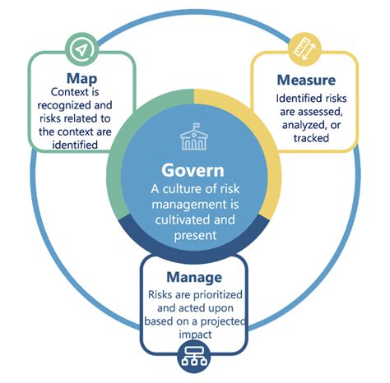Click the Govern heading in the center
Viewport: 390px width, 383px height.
pyautogui.click(x=193, y=171)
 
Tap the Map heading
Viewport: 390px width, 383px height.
pyautogui.click(x=81, y=79)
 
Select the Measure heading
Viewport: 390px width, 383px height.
pyautogui.click(x=306, y=80)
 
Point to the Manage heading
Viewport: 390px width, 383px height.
pyautogui.click(x=194, y=277)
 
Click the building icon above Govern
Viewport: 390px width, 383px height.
pyautogui.click(x=194, y=136)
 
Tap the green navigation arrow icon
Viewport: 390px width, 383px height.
pyautogui.click(x=81, y=49)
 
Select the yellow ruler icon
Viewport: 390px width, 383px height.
pyautogui.click(x=304, y=49)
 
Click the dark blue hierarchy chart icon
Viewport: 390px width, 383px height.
pyautogui.click(x=194, y=357)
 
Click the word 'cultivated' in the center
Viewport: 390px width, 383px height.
pyautogui.click(x=183, y=220)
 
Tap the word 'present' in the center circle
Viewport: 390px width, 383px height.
pyautogui.click(x=195, y=236)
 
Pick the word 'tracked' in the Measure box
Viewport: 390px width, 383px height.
pyautogui.click(x=311, y=138)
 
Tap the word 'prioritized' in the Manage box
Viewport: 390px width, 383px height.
pyautogui.click(x=218, y=295)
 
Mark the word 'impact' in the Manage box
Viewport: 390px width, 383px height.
pyautogui.click(x=195, y=335)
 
